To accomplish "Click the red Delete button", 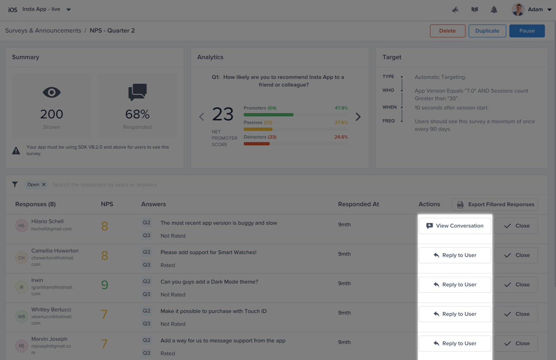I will pyautogui.click(x=447, y=31).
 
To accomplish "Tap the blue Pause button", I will pyautogui.click(x=527, y=31).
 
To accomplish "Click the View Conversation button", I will pyautogui.click(x=454, y=226).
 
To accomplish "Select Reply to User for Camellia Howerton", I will pyautogui.click(x=454, y=255).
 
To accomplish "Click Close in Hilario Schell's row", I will pyautogui.click(x=516, y=226).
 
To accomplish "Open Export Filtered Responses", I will pyautogui.click(x=495, y=204).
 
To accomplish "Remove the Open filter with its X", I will pyautogui.click(x=44, y=184).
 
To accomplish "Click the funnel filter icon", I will pyautogui.click(x=15, y=184).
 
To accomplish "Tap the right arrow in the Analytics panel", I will pyautogui.click(x=358, y=117).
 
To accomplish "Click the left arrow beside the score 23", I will pyautogui.click(x=202, y=117).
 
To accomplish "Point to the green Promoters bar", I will pyautogui.click(x=269, y=115).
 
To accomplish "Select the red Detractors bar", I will pyautogui.click(x=257, y=144).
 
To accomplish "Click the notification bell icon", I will pyautogui.click(x=494, y=10).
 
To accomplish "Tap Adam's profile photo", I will pyautogui.click(x=518, y=10).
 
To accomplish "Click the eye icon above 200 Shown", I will pyautogui.click(x=52, y=92).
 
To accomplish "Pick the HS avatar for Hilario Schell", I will pyautogui.click(x=21, y=225).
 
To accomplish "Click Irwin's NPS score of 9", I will pyautogui.click(x=105, y=285).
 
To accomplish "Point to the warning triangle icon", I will pyautogui.click(x=16, y=151).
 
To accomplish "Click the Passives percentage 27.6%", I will pyautogui.click(x=341, y=123).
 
